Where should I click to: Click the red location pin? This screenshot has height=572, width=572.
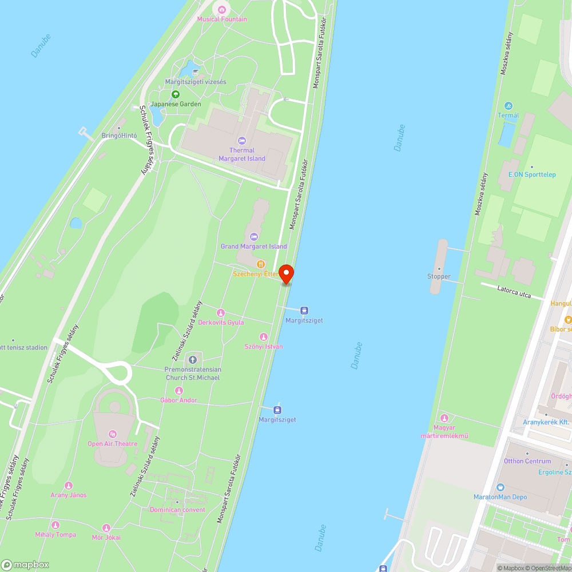[x=286, y=273]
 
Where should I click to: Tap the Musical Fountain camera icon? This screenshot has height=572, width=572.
[x=222, y=9]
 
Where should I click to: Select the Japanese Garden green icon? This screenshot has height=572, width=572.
[x=176, y=94]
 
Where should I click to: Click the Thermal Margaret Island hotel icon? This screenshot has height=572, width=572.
[x=241, y=140]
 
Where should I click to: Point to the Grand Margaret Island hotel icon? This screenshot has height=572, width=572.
[x=254, y=237]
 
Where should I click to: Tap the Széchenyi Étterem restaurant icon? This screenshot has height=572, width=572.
[x=260, y=264]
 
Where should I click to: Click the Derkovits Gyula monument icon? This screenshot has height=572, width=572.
[x=221, y=312]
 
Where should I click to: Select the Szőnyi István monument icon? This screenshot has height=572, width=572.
[x=264, y=337]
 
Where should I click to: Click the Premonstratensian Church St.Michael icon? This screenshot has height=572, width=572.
[x=192, y=359]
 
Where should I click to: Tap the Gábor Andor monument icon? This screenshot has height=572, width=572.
[x=179, y=391]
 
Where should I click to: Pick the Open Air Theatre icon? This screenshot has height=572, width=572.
[x=112, y=434]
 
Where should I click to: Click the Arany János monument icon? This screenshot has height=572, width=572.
[x=69, y=486]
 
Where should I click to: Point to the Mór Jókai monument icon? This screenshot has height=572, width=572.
[x=106, y=528]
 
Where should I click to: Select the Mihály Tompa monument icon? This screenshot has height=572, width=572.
[x=55, y=525]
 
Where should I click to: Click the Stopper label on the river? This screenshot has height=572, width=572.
[x=439, y=276]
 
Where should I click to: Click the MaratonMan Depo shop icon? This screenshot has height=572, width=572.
[x=500, y=487]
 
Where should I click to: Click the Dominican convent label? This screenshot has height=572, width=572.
[x=177, y=510]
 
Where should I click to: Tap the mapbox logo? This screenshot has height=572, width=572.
[x=26, y=565]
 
